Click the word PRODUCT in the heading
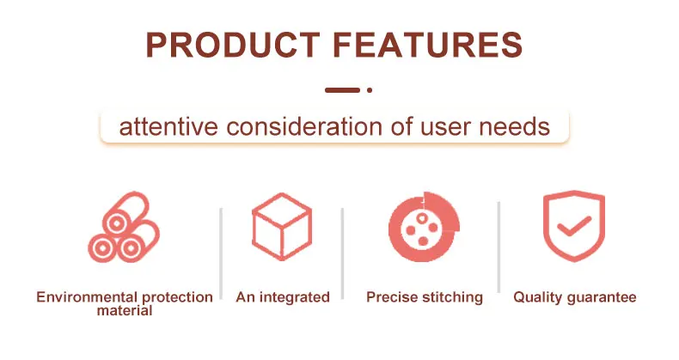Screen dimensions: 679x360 (x=233, y=45)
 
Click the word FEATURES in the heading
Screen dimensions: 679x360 (x=429, y=45)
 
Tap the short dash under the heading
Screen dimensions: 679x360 (x=342, y=90)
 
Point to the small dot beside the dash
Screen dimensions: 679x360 (x=370, y=90)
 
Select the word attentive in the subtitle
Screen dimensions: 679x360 (x=168, y=127)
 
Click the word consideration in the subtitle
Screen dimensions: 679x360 (x=304, y=127)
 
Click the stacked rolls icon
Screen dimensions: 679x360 (x=124, y=227)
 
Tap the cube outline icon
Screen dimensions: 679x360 (x=282, y=226)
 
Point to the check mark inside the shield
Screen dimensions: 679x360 (x=574, y=226)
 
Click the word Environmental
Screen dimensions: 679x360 (x=87, y=297)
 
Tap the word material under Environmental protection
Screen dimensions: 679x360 (x=125, y=311)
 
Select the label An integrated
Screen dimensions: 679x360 (x=283, y=297)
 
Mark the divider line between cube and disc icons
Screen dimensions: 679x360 (x=342, y=253)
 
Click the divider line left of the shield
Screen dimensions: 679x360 (x=499, y=247)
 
